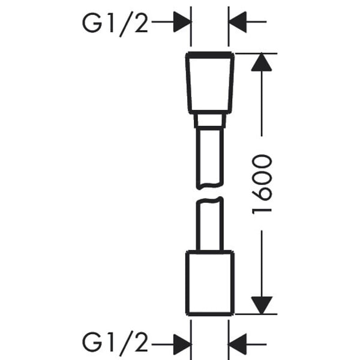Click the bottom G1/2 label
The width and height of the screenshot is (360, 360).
point(115,342)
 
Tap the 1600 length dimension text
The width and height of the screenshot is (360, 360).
point(262,184)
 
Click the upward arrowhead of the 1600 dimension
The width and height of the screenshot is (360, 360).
point(262,62)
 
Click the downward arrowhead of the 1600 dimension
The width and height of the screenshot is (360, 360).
point(262,305)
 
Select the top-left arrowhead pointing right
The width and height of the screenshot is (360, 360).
point(182,22)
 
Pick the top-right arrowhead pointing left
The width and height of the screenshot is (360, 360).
point(238,22)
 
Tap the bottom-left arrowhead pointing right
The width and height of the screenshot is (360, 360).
point(182,344)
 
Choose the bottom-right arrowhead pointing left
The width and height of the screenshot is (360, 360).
point(238,344)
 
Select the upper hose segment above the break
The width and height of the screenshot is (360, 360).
point(198,158)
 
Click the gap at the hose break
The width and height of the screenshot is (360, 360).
point(210,193)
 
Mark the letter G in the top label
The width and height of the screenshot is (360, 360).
point(92,23)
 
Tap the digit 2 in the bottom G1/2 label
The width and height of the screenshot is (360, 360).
point(141,341)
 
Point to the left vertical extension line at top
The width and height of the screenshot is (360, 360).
point(191,26)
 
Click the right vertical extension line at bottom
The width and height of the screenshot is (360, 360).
point(229,340)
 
